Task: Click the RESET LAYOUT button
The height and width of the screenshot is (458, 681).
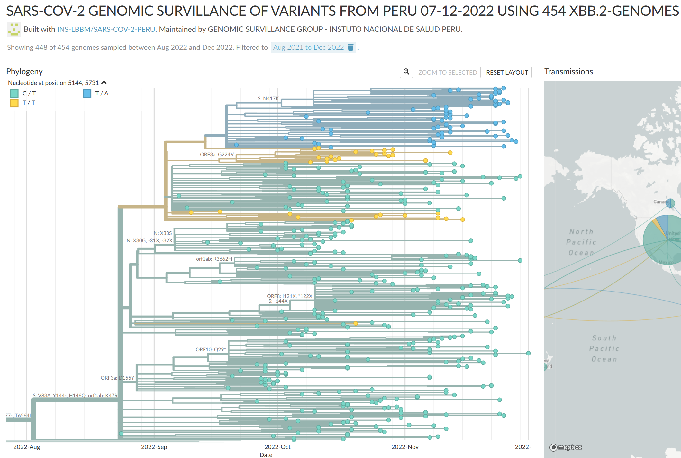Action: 507,73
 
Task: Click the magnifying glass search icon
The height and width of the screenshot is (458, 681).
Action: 406,72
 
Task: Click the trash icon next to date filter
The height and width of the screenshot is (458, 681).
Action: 350,48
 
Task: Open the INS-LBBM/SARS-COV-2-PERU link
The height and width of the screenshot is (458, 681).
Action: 106,29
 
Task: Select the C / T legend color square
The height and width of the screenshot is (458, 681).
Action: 14,94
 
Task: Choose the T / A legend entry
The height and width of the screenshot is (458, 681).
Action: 102,94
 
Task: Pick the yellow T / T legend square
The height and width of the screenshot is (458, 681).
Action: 14,103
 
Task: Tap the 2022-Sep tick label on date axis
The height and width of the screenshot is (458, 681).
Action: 154,447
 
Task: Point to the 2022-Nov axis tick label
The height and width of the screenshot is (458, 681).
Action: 405,447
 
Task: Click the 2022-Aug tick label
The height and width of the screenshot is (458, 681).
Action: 27,447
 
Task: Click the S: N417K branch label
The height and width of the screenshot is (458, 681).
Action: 268,99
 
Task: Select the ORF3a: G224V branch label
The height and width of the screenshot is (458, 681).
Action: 217,155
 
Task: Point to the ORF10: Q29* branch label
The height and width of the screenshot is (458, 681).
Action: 211,349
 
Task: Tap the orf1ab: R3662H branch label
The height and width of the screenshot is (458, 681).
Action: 214,259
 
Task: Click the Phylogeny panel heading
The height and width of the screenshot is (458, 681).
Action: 24,72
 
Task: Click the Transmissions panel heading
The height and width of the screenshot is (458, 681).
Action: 568,72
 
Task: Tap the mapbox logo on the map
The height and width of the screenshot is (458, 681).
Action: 566,447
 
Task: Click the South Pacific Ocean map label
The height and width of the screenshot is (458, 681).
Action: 604,348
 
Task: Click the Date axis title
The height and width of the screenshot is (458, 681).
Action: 266,455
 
